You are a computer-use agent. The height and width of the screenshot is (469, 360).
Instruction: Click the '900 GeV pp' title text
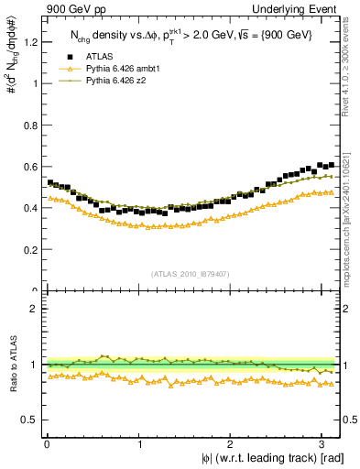[70, 9]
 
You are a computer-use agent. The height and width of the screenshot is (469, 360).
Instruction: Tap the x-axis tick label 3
[327, 443]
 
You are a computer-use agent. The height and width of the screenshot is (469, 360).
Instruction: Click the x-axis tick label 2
[234, 443]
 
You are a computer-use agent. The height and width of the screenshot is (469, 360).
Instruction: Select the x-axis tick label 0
[47, 443]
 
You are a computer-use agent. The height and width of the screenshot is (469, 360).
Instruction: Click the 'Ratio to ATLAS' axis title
[12, 365]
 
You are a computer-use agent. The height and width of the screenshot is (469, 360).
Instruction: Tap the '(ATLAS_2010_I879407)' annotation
[190, 272]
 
